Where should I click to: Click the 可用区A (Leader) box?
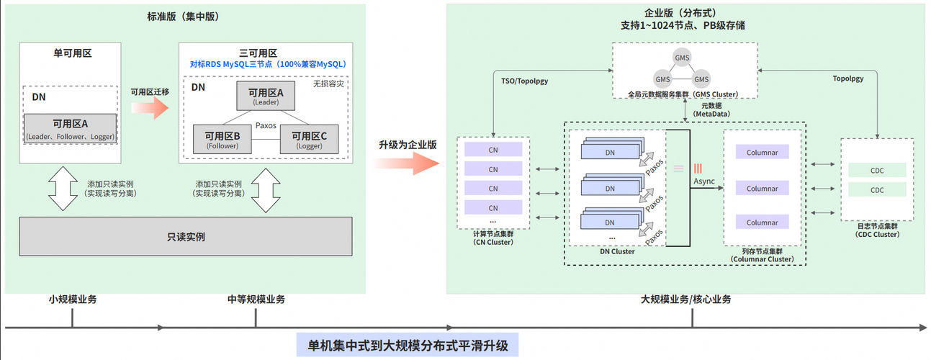(266, 96)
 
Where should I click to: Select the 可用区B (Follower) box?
(222, 139)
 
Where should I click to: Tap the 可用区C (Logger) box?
(309, 139)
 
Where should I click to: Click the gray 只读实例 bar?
(185, 236)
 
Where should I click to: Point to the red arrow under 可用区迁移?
(150, 109)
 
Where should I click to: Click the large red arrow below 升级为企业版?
(407, 163)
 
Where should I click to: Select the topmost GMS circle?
(680, 58)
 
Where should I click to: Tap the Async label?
(704, 181)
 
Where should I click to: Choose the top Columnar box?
(762, 153)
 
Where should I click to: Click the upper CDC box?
(877, 171)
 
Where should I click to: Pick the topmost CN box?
(493, 150)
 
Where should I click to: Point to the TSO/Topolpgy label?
(524, 81)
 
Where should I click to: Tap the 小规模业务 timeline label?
(73, 300)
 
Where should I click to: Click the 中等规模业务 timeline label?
(256, 300)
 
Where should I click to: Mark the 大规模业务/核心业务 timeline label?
(685, 300)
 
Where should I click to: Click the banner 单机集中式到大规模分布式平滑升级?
(408, 345)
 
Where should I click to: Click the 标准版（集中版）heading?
(185, 16)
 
